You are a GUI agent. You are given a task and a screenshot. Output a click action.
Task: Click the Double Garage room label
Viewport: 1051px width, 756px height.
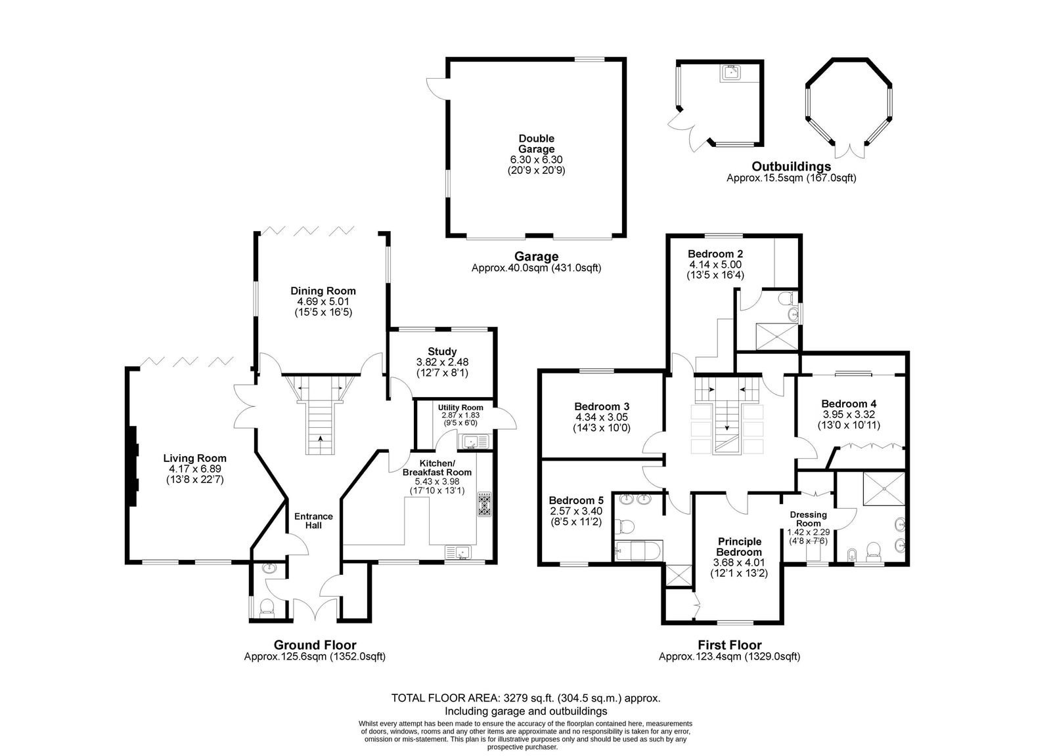(536, 144)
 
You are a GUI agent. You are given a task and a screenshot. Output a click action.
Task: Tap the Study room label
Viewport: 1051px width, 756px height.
(442, 352)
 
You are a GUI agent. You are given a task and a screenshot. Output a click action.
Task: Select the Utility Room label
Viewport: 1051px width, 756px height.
(460, 408)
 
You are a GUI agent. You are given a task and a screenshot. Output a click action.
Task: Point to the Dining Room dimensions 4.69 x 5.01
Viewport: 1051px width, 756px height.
(323, 302)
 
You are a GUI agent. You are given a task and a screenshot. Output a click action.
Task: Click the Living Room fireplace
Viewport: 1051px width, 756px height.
(133, 466)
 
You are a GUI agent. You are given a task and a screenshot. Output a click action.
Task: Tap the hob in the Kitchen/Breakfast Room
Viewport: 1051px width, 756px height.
(485, 504)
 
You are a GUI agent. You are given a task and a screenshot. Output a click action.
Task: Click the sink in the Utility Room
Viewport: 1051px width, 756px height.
(476, 442)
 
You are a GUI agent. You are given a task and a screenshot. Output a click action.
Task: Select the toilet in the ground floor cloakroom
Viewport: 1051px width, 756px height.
(267, 606)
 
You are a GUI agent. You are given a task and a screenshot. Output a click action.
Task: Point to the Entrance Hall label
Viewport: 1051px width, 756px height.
(313, 520)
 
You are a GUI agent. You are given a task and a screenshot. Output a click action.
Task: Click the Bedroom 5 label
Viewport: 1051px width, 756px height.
(576, 500)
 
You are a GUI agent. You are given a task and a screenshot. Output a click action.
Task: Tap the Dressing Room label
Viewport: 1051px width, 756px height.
(808, 519)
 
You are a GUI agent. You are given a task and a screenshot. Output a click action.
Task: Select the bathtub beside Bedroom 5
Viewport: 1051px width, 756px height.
(638, 550)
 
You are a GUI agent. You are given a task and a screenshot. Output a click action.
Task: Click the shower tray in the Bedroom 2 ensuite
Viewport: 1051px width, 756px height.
(776, 336)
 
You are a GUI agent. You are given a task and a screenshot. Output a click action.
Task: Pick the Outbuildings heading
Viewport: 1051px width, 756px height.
(791, 167)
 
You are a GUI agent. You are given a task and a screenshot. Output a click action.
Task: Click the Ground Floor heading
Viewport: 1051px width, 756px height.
(315, 645)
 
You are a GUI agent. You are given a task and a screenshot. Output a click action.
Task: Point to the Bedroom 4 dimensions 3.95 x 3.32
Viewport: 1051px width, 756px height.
(849, 414)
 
